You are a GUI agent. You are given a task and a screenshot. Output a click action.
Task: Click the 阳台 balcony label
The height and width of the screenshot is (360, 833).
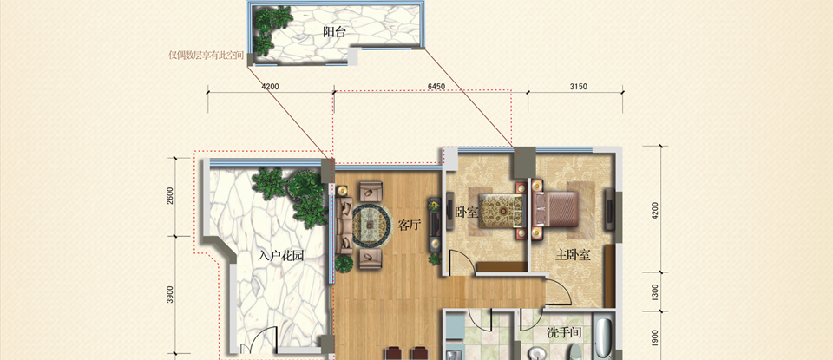click(334, 32)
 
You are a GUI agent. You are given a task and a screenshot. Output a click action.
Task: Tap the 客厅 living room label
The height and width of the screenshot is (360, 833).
click(409, 226)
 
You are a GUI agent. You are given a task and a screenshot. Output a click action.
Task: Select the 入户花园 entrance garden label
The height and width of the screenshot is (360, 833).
click(281, 256)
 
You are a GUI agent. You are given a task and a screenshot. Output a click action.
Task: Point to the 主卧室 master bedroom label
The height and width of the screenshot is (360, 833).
click(574, 255)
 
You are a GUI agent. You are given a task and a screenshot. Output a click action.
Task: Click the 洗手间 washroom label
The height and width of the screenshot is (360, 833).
click(564, 333)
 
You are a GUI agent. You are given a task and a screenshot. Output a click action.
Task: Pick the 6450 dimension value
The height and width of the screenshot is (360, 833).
click(436, 87)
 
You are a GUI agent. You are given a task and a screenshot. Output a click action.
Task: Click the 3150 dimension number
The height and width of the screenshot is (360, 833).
click(578, 87)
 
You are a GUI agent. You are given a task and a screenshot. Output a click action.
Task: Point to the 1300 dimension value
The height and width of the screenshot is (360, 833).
click(655, 291)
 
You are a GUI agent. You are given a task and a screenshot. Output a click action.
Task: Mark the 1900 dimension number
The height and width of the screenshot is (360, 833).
click(655, 337)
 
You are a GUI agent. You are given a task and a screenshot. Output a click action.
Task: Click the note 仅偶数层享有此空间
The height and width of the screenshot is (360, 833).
click(207, 56)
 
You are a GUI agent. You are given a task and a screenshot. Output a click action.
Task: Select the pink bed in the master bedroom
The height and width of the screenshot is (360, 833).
click(555, 209)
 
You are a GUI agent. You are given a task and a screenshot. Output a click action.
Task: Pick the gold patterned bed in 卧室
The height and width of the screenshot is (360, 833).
click(500, 210)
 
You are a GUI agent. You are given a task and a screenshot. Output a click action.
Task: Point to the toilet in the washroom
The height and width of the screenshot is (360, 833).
click(574, 351)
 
